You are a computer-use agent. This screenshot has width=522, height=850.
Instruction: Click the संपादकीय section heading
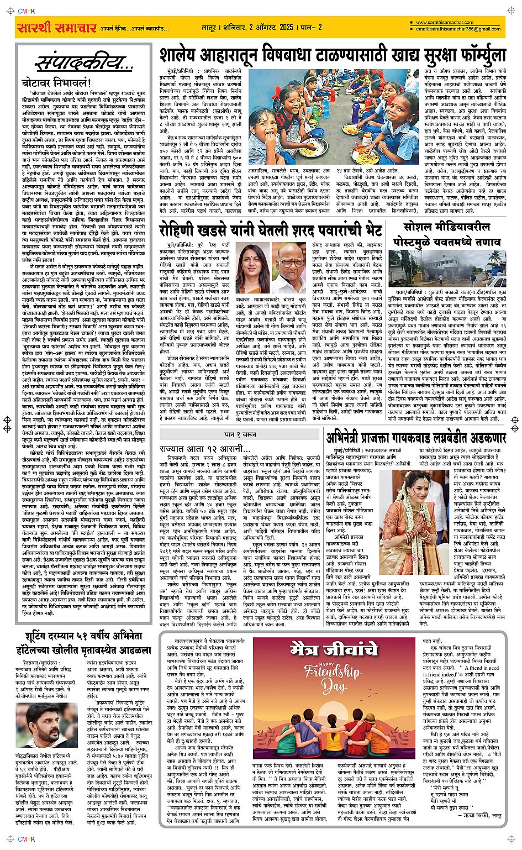(x=83, y=64)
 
